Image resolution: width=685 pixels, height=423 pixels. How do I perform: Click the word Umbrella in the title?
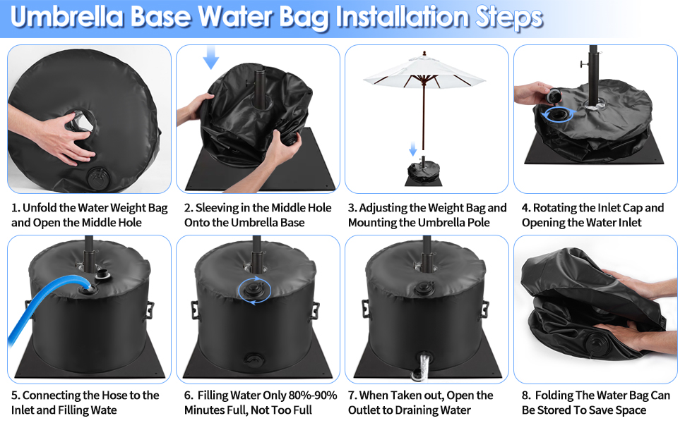(x=67, y=17)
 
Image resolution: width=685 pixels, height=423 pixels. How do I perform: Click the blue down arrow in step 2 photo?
(x=211, y=57)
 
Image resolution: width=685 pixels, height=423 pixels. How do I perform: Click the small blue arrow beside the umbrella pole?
(x=413, y=149)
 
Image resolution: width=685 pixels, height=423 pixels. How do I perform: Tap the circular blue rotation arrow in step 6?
(x=255, y=290)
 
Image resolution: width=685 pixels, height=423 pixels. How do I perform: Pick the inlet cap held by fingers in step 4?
(x=555, y=95)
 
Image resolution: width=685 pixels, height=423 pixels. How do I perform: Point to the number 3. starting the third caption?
(x=352, y=208)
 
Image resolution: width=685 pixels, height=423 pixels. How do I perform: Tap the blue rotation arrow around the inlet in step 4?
(x=557, y=114)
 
